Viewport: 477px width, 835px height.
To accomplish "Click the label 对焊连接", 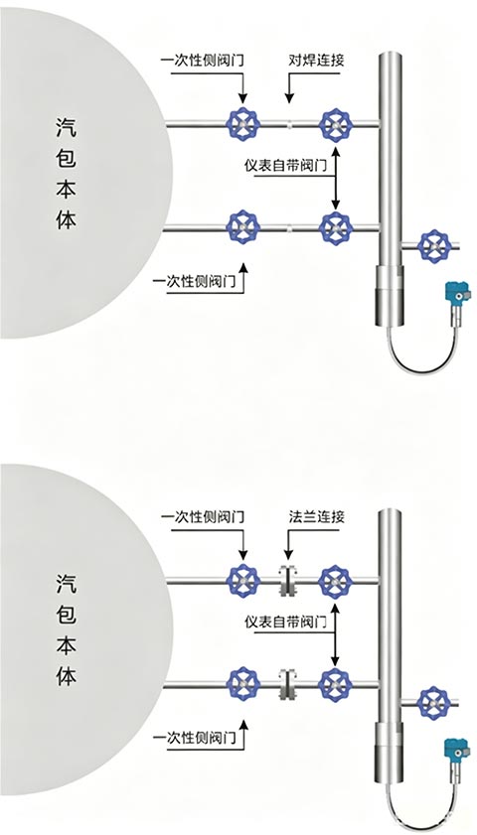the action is pyautogui.click(x=316, y=60).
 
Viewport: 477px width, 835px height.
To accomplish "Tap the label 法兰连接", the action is pyautogui.click(x=316, y=516).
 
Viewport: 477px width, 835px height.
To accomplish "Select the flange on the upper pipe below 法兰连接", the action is pyautogui.click(x=288, y=580).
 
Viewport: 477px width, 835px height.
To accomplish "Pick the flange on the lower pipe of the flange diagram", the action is pyautogui.click(x=288, y=683).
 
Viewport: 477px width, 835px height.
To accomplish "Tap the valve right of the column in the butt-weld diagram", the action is pyautogui.click(x=435, y=245).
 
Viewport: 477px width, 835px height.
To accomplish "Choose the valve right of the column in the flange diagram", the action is pyautogui.click(x=435, y=703).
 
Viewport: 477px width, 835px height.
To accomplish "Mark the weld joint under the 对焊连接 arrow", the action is pyautogui.click(x=289, y=125).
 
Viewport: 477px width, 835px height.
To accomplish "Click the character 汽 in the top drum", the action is pyautogui.click(x=67, y=128).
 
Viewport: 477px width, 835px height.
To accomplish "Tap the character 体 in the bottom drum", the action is pyautogui.click(x=67, y=675).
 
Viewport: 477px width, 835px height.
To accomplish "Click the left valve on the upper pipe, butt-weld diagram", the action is pyautogui.click(x=243, y=124).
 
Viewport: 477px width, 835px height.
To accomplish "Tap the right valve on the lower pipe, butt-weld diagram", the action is pyautogui.click(x=336, y=228).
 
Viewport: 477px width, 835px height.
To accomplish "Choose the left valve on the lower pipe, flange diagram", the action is pyautogui.click(x=243, y=683).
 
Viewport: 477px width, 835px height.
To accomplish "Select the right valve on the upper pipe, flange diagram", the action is pyautogui.click(x=336, y=581).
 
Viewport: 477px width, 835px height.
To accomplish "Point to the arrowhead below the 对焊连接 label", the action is pyautogui.click(x=289, y=98).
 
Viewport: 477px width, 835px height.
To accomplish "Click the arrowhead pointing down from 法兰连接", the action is pyautogui.click(x=289, y=555).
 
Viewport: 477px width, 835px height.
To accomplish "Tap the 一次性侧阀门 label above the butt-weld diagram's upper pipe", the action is pyautogui.click(x=202, y=60).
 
